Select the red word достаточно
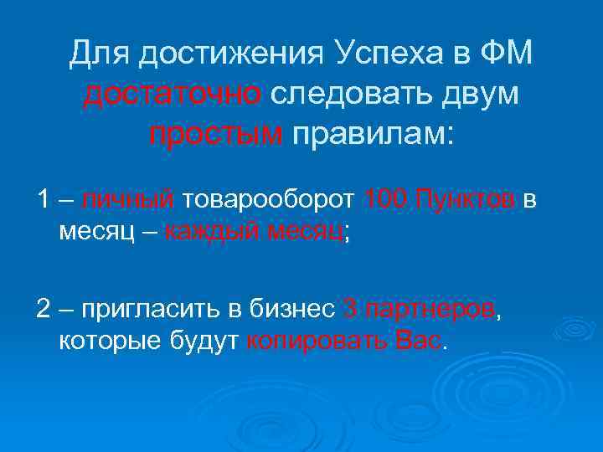pyautogui.click(x=173, y=94)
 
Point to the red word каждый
pyautogui.click(x=210, y=233)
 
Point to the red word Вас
pyautogui.click(x=417, y=341)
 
